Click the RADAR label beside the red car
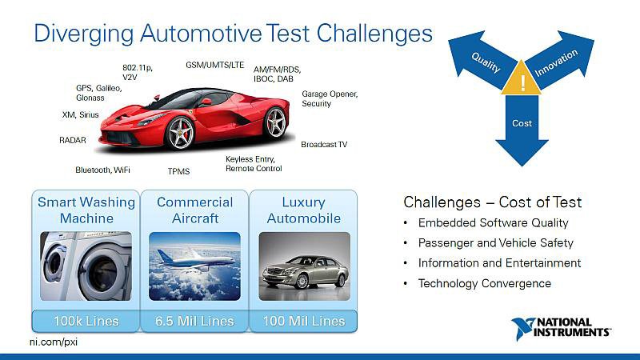pos(73,140)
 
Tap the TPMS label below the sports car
pos(178,171)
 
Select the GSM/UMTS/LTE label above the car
pos(214,65)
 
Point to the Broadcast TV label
pos(324,145)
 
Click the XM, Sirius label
pos(81,114)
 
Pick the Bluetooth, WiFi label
pos(102,170)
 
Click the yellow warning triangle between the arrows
pos(522,78)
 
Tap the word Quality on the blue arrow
pos(486,62)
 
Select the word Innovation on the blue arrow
pos(556,63)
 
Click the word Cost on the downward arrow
pos(522,123)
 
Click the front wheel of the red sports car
pos(180,133)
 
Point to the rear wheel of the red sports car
pos(275,122)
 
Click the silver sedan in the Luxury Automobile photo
pos(305,271)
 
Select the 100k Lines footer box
pos(86,321)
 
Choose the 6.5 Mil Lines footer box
pos(194,321)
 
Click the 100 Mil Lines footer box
pos(303,321)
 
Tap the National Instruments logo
pos(561,328)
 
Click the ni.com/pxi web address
pos(54,342)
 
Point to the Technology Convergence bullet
pos(485,283)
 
